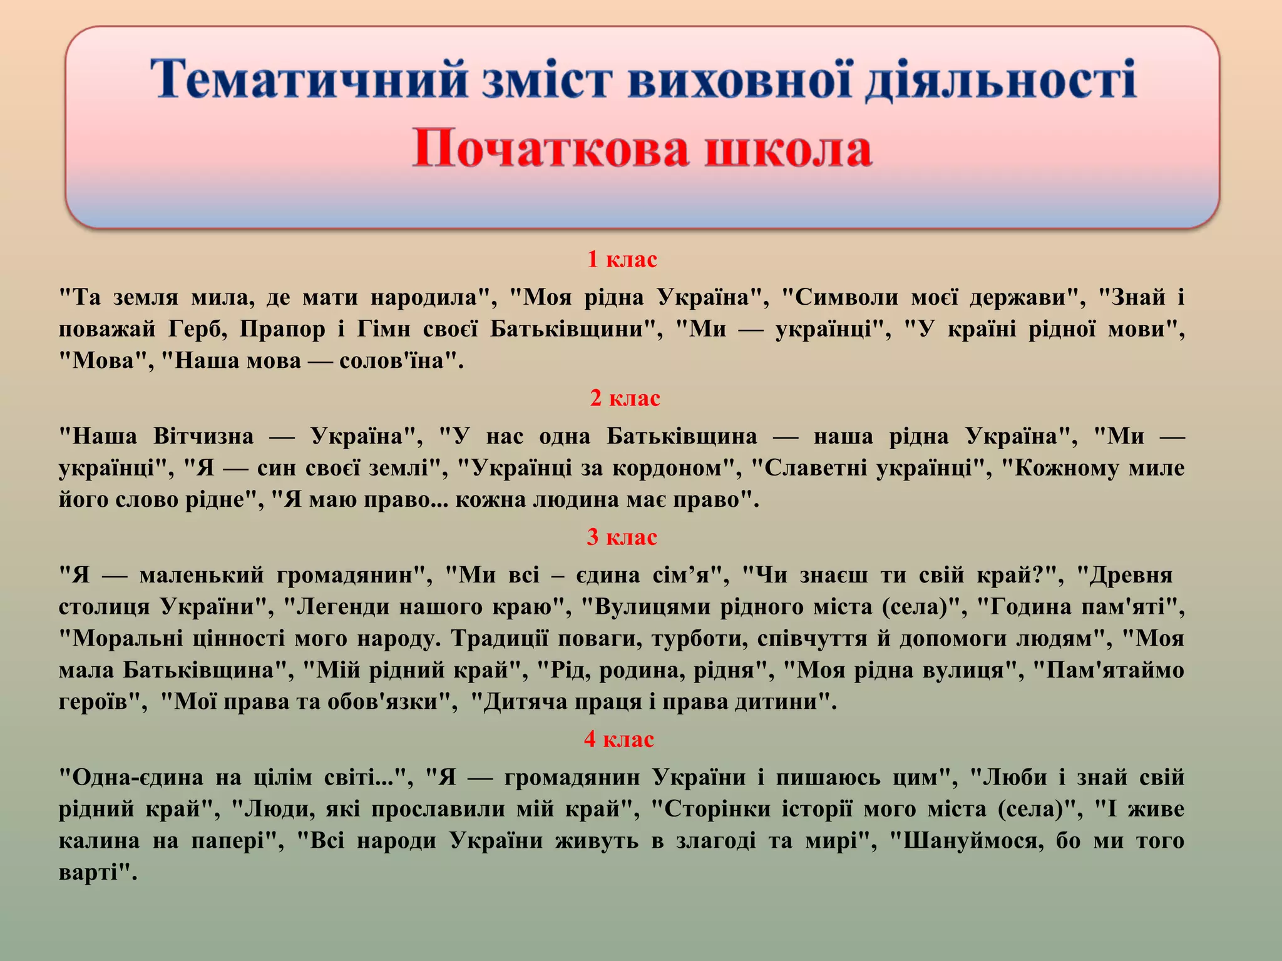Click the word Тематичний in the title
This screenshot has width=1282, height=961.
click(x=309, y=80)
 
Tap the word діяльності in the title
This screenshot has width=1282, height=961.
click(x=1000, y=80)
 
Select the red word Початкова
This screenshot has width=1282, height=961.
click(x=550, y=150)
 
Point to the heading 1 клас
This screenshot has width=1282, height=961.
click(x=622, y=259)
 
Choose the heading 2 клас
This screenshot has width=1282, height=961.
click(x=625, y=398)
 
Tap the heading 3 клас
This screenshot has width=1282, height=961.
click(x=622, y=537)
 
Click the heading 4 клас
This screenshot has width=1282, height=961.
click(x=618, y=739)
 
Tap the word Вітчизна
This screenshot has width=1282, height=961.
click(x=203, y=436)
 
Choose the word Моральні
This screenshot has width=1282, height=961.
click(x=128, y=639)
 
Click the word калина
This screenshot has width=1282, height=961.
click(x=99, y=841)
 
